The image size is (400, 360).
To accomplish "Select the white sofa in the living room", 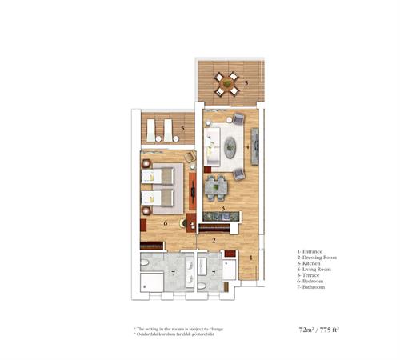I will point(211,146).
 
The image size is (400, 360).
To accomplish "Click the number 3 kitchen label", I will point(223,209).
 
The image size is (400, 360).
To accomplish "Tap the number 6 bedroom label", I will point(165,223).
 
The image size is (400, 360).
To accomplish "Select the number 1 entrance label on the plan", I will point(250,258).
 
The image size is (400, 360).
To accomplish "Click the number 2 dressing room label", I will point(214,240).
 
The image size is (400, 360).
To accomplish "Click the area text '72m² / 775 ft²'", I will point(321,329).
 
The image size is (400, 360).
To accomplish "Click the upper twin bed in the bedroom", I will point(163,174).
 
